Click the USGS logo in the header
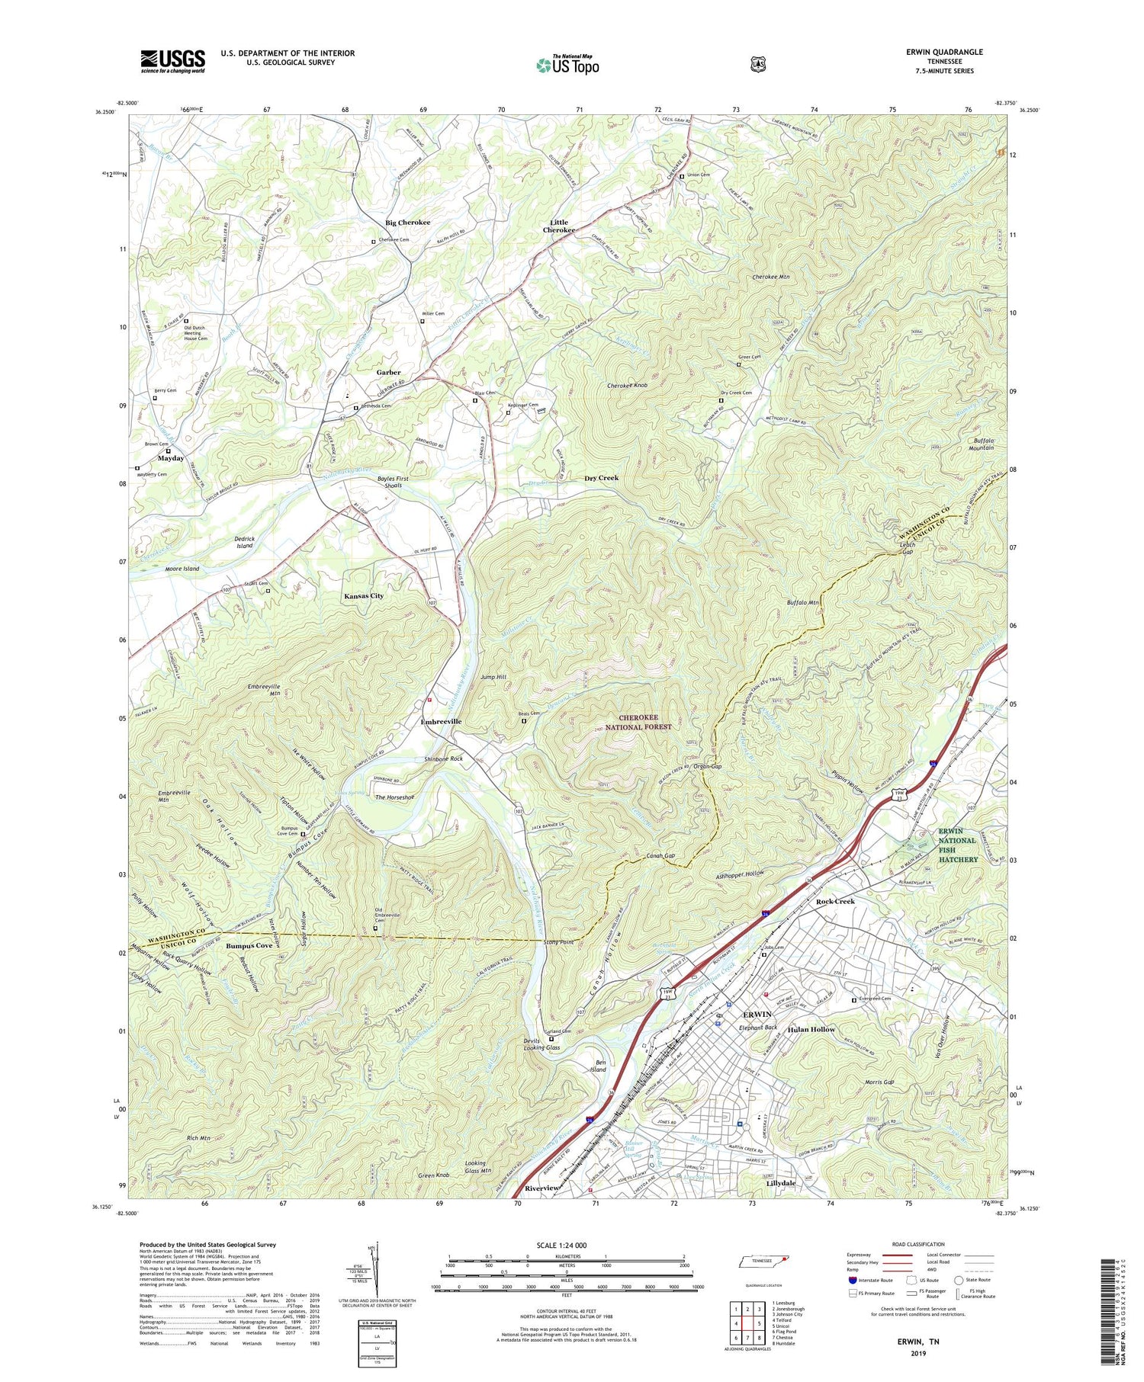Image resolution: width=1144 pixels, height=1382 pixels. coord(172,61)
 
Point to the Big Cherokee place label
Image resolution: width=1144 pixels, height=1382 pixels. coord(407,223)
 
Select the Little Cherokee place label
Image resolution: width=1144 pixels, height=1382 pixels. coord(559,226)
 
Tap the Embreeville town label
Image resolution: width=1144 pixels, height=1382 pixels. coord(441,721)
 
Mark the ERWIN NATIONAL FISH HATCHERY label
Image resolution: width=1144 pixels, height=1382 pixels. coord(956,845)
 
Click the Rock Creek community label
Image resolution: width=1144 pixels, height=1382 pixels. coord(835,901)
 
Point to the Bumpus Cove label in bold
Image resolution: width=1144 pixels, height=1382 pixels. coord(249,946)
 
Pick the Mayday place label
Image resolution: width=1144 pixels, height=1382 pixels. coord(170,458)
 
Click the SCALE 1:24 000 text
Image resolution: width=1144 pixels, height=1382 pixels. coord(567,1245)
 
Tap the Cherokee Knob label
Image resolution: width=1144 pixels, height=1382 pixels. coord(627,386)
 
